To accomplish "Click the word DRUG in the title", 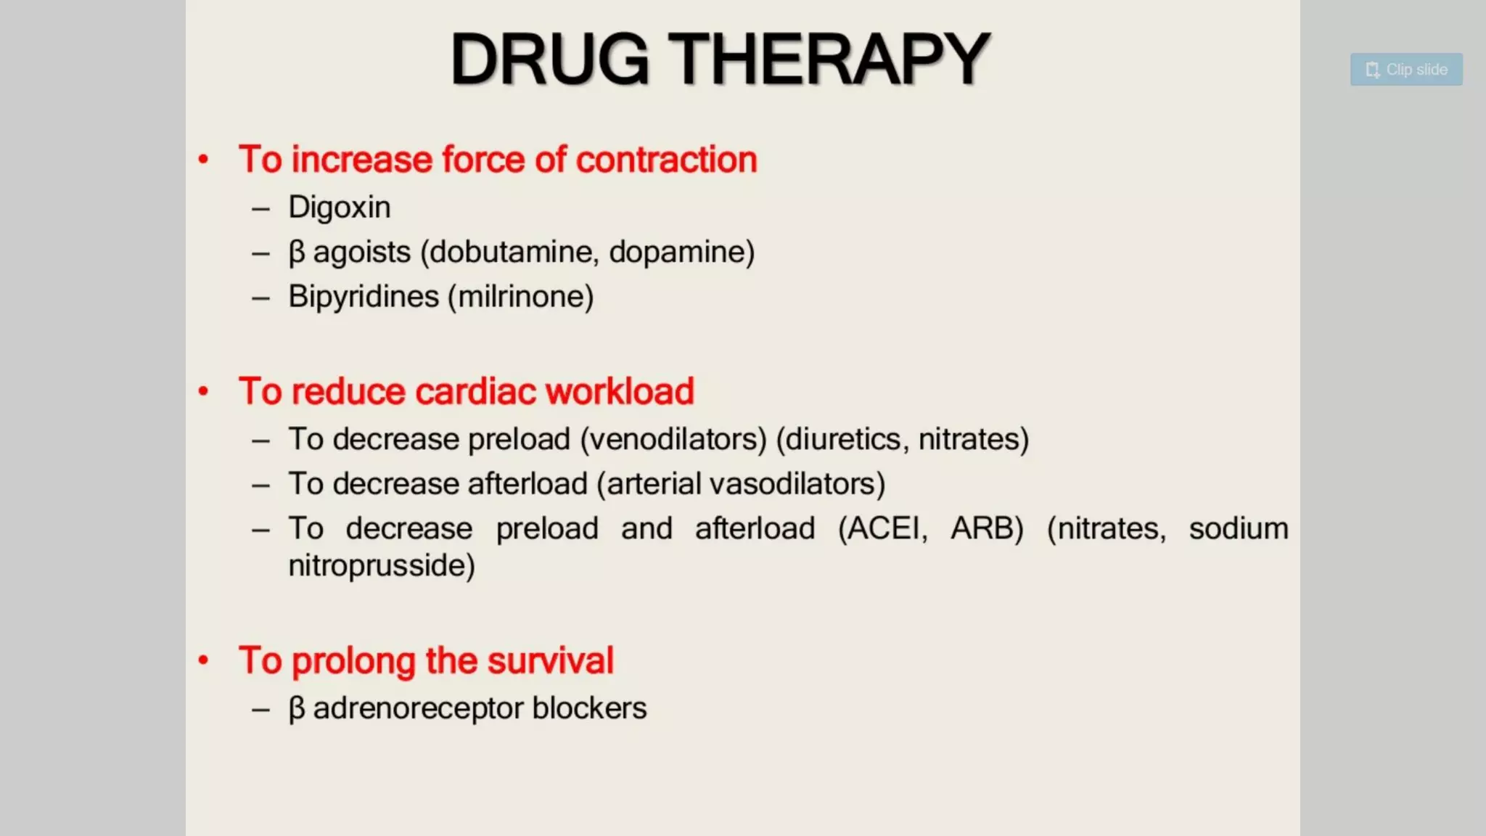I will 549,60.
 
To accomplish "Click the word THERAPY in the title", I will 829,60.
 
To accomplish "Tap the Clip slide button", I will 1405,70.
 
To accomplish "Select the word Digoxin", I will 339,208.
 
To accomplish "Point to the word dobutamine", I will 514,253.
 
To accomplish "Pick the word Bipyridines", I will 364,297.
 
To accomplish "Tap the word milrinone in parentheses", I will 521,297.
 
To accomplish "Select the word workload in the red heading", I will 620,392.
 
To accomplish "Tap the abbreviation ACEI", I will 882,528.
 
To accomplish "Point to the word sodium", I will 1238,528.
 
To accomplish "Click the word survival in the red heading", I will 550,661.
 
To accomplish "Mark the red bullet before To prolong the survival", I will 204,660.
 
